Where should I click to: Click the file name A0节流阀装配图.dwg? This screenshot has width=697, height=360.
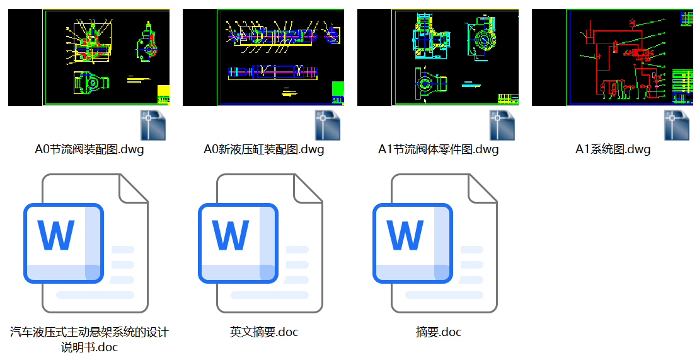pyautogui.click(x=89, y=150)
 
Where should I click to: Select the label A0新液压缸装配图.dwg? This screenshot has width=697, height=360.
pyautogui.click(x=263, y=150)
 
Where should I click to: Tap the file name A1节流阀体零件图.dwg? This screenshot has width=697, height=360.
pyautogui.click(x=438, y=150)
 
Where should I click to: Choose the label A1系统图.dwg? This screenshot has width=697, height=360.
pyautogui.click(x=613, y=150)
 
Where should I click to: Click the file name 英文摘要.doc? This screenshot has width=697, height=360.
pyautogui.click(x=263, y=332)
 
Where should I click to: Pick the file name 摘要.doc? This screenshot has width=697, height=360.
pyautogui.click(x=439, y=332)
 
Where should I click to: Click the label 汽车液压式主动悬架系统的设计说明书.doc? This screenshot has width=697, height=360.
pyautogui.click(x=89, y=339)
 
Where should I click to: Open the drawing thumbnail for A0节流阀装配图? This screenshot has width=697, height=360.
pyautogui.click(x=89, y=57)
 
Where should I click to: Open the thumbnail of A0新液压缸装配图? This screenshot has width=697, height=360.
pyautogui.click(x=263, y=57)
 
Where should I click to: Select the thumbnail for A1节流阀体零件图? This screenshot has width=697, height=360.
pyautogui.click(x=438, y=57)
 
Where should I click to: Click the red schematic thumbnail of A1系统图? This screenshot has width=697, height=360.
pyautogui.click(x=613, y=57)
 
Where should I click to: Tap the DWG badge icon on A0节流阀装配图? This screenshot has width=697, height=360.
pyautogui.click(x=154, y=125)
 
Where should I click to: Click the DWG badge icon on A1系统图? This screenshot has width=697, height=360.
pyautogui.click(x=678, y=125)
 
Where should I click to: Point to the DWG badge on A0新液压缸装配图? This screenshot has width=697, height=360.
pyautogui.click(x=328, y=125)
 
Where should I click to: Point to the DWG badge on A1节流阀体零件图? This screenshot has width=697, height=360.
pyautogui.click(x=503, y=125)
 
